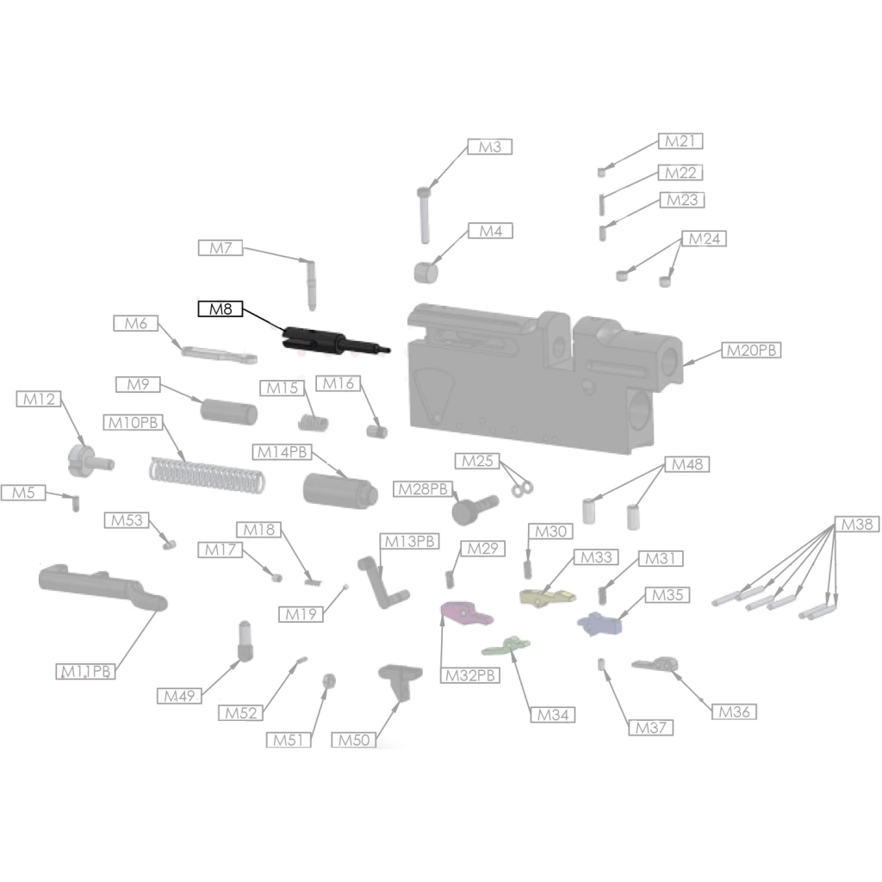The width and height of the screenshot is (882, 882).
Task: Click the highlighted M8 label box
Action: pos(220,309)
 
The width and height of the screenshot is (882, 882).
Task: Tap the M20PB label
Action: pos(751,350)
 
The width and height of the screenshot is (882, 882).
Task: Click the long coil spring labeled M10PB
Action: pos(207,475)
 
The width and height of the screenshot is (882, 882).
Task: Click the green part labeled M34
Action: pos(506,646)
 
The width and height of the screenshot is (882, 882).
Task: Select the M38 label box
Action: pos(857,525)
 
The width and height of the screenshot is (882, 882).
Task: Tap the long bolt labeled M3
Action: pos(424,215)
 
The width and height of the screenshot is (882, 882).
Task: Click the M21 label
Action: pos(680,141)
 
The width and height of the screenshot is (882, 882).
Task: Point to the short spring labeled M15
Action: pos(313,423)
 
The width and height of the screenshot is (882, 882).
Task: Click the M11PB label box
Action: pos(85,671)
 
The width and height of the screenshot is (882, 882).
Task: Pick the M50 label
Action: pos(354,740)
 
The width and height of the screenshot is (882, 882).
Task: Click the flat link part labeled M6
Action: pos(219,356)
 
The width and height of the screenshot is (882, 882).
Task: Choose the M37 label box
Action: pos(651,727)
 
